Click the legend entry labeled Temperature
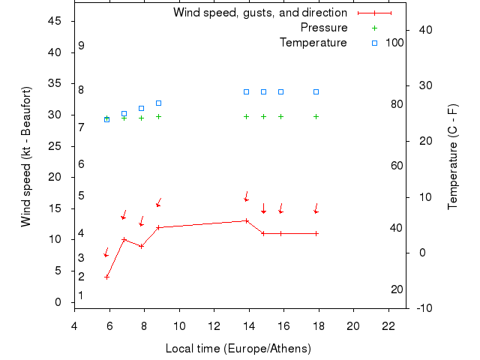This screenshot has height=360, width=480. (313, 43)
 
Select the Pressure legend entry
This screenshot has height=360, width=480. (324, 28)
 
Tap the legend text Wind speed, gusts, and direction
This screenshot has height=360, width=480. (260, 13)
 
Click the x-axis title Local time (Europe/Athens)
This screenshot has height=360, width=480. (238, 349)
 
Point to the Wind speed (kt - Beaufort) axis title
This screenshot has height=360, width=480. (26, 157)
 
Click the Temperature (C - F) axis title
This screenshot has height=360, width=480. (454, 157)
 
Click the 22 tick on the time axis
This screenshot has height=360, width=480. (388, 325)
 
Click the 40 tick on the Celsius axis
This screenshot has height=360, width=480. (424, 29)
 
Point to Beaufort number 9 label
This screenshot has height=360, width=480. (81, 46)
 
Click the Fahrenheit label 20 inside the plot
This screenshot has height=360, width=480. (397, 289)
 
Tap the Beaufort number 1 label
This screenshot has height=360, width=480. (80, 295)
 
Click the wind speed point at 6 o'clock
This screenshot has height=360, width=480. (106, 277)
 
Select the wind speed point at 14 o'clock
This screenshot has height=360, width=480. (246, 220)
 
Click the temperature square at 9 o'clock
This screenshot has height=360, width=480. (158, 103)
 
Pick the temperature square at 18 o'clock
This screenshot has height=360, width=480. (316, 91)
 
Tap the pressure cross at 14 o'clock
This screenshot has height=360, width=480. (246, 116)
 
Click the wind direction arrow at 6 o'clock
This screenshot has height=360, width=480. (106, 253)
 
